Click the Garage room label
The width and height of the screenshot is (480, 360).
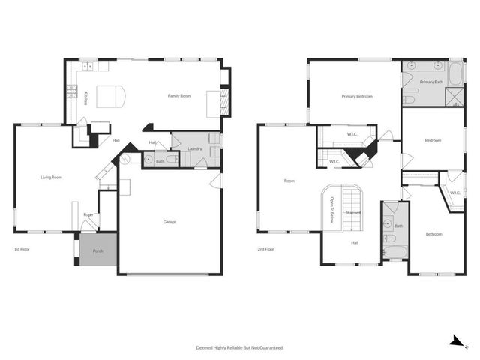tap(169, 222)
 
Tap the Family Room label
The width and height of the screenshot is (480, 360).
tap(179, 96)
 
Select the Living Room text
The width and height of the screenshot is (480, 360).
tap(51, 177)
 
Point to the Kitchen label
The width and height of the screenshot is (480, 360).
tap(86, 97)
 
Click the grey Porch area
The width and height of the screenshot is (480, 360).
tap(97, 251)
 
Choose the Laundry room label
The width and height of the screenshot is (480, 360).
tap(195, 149)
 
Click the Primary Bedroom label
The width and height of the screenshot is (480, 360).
tap(357, 96)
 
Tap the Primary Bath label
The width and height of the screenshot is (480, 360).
tap(431, 81)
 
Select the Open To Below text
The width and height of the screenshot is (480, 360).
tap(331, 210)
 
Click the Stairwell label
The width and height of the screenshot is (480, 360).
tap(353, 213)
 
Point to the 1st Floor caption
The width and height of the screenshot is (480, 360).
tap(22, 249)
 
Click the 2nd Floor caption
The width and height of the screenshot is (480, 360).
tap(265, 249)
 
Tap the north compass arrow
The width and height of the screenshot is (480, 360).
tap(454, 341)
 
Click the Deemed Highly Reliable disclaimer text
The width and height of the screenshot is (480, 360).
tap(240, 347)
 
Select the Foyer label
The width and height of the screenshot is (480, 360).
tap(88, 215)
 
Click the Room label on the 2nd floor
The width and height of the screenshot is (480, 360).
tap(289, 181)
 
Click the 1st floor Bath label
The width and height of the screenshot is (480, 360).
tap(160, 161)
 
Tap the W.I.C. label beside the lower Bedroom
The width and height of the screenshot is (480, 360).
tap(455, 193)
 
